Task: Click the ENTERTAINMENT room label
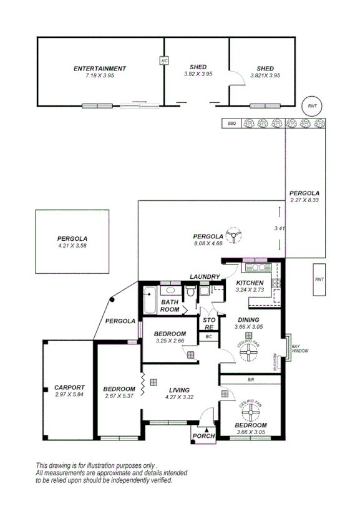pyautogui.click(x=100, y=69)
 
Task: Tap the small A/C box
pyautogui.click(x=164, y=61)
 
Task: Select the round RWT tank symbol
pyautogui.click(x=311, y=107)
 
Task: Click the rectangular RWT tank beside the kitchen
pyautogui.click(x=319, y=279)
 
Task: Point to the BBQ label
pyautogui.click(x=231, y=124)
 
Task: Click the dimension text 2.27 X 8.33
pyautogui.click(x=304, y=200)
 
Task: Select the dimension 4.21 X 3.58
pyautogui.click(x=72, y=246)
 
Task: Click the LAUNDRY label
pyautogui.click(x=205, y=277)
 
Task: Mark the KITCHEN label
pyautogui.click(x=250, y=283)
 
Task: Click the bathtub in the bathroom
pyautogui.click(x=149, y=301)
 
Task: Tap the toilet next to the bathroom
pyautogui.click(x=192, y=291)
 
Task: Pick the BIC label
pyautogui.click(x=208, y=337)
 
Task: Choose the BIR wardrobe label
pyautogui.click(x=250, y=379)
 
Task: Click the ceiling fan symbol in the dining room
pyautogui.click(x=248, y=353)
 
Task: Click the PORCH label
pyautogui.click(x=203, y=435)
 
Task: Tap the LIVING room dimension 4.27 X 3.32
pyautogui.click(x=179, y=397)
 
